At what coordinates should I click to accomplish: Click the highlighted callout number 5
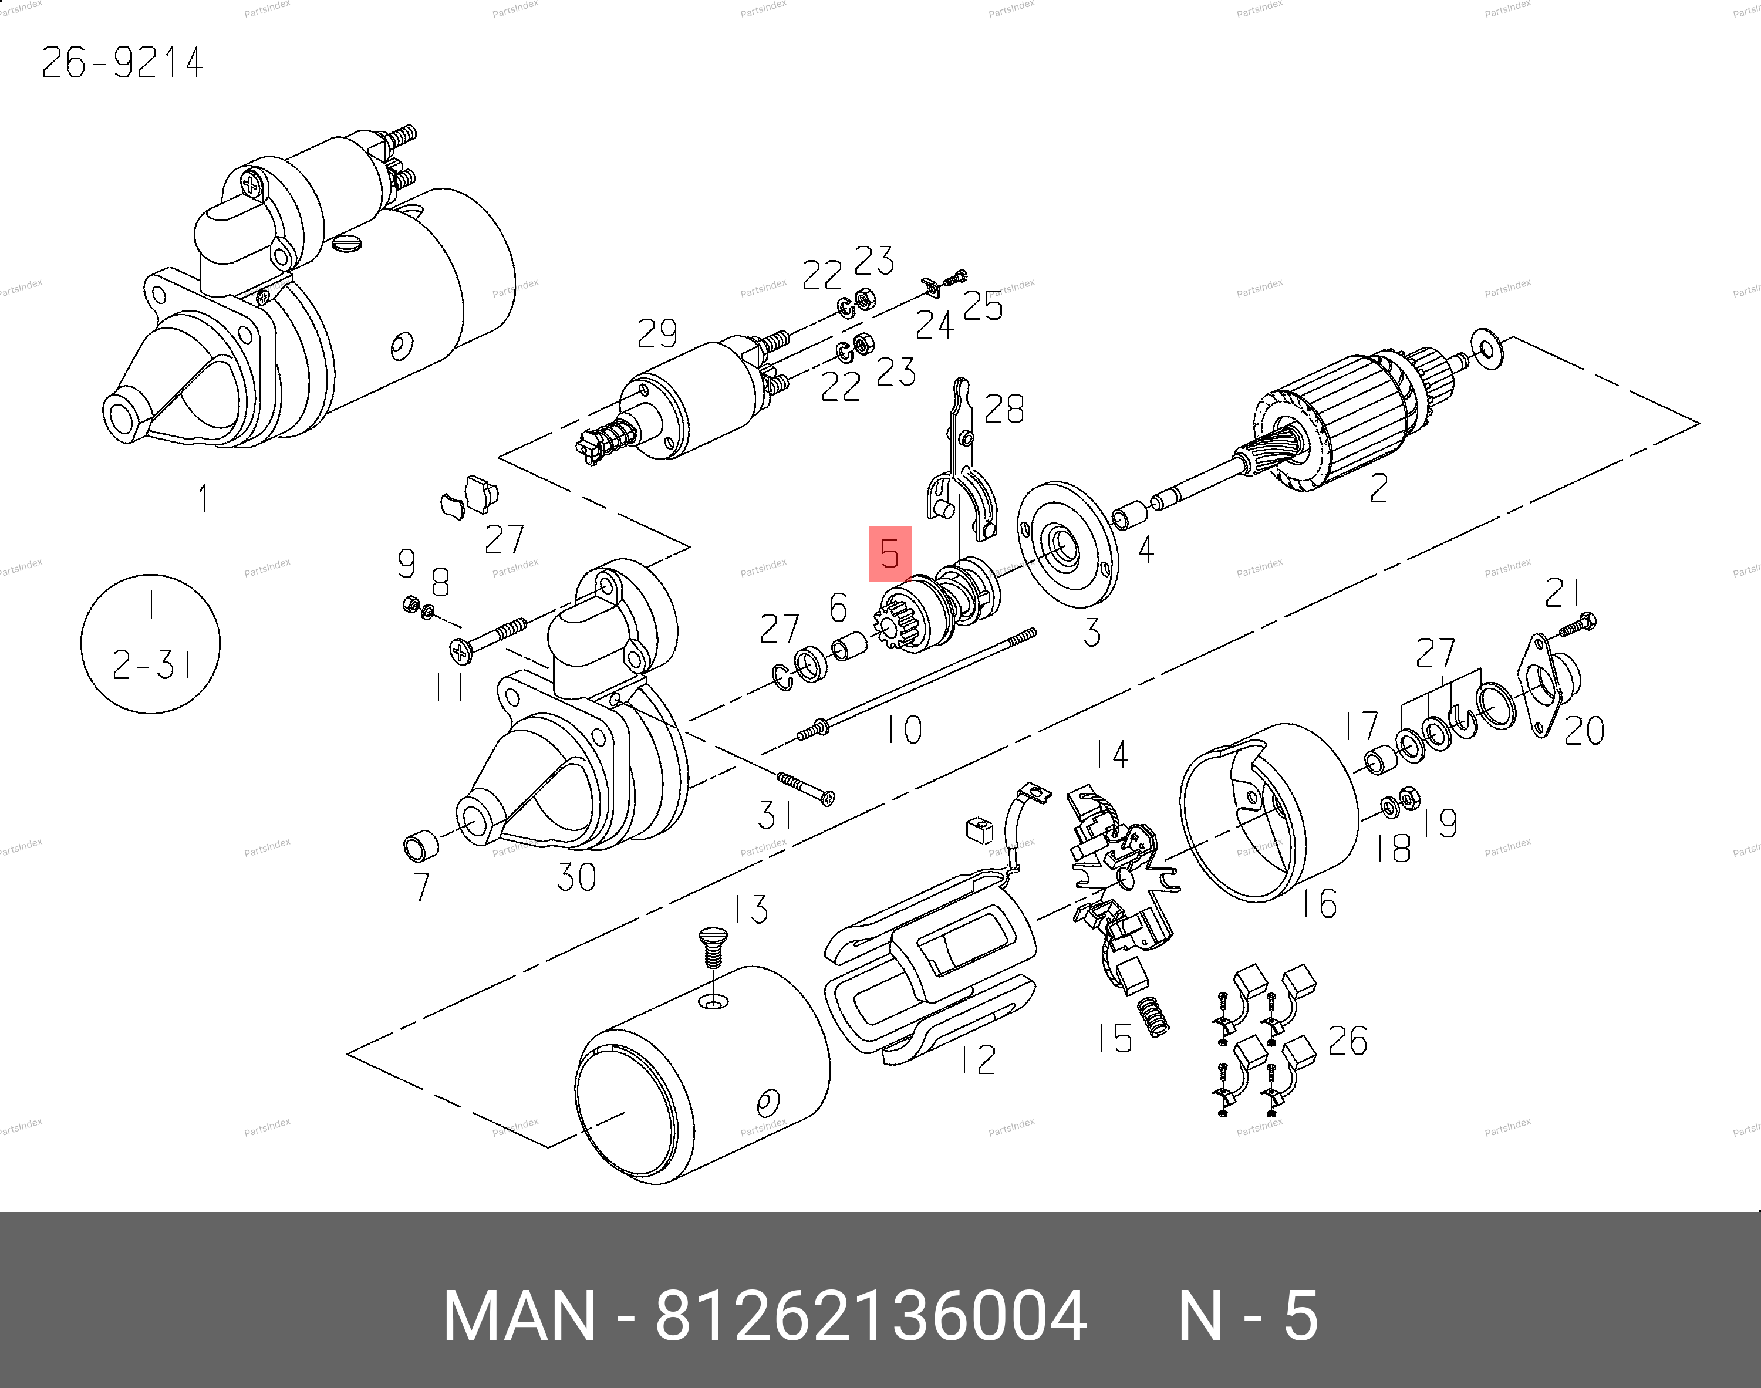[890, 553]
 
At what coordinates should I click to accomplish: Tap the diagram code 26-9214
[122, 63]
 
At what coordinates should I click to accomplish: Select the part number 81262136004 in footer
[871, 1316]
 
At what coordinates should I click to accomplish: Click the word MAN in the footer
[520, 1316]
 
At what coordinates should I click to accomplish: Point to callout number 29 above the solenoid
[657, 333]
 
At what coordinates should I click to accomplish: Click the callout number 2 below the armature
[1378, 488]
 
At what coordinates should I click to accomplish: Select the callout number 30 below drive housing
[576, 877]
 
